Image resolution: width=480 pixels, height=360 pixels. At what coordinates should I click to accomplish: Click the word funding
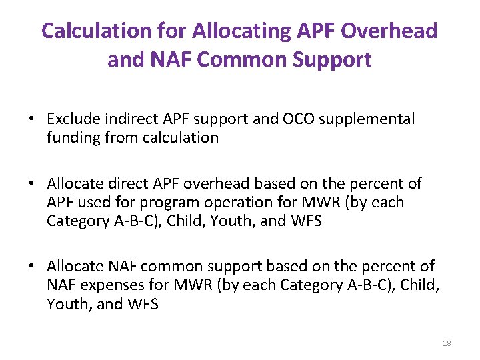[x=73, y=137]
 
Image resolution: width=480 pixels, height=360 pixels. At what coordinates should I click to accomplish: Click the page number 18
[x=446, y=343]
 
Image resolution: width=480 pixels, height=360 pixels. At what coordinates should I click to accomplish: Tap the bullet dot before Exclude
[x=31, y=120]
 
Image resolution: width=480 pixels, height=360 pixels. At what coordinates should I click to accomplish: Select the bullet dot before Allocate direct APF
[x=31, y=184]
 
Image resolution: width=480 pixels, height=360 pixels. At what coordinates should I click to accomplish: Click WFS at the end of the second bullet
[x=306, y=221]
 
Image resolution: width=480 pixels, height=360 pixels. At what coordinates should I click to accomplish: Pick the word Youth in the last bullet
[x=66, y=304]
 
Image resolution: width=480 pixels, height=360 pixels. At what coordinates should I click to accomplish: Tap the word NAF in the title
[x=173, y=60]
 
